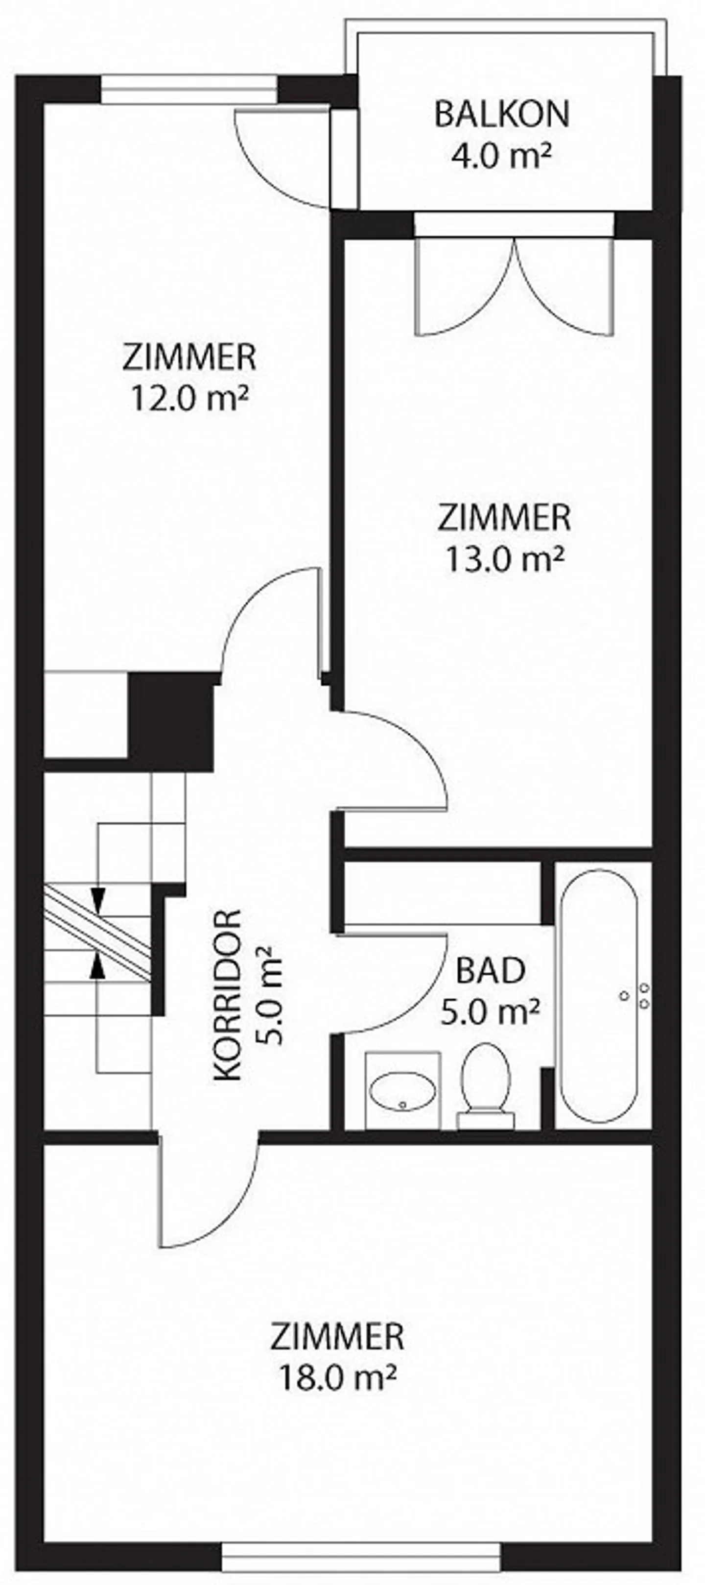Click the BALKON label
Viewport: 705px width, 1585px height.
502,115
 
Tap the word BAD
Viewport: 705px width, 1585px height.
491,970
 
